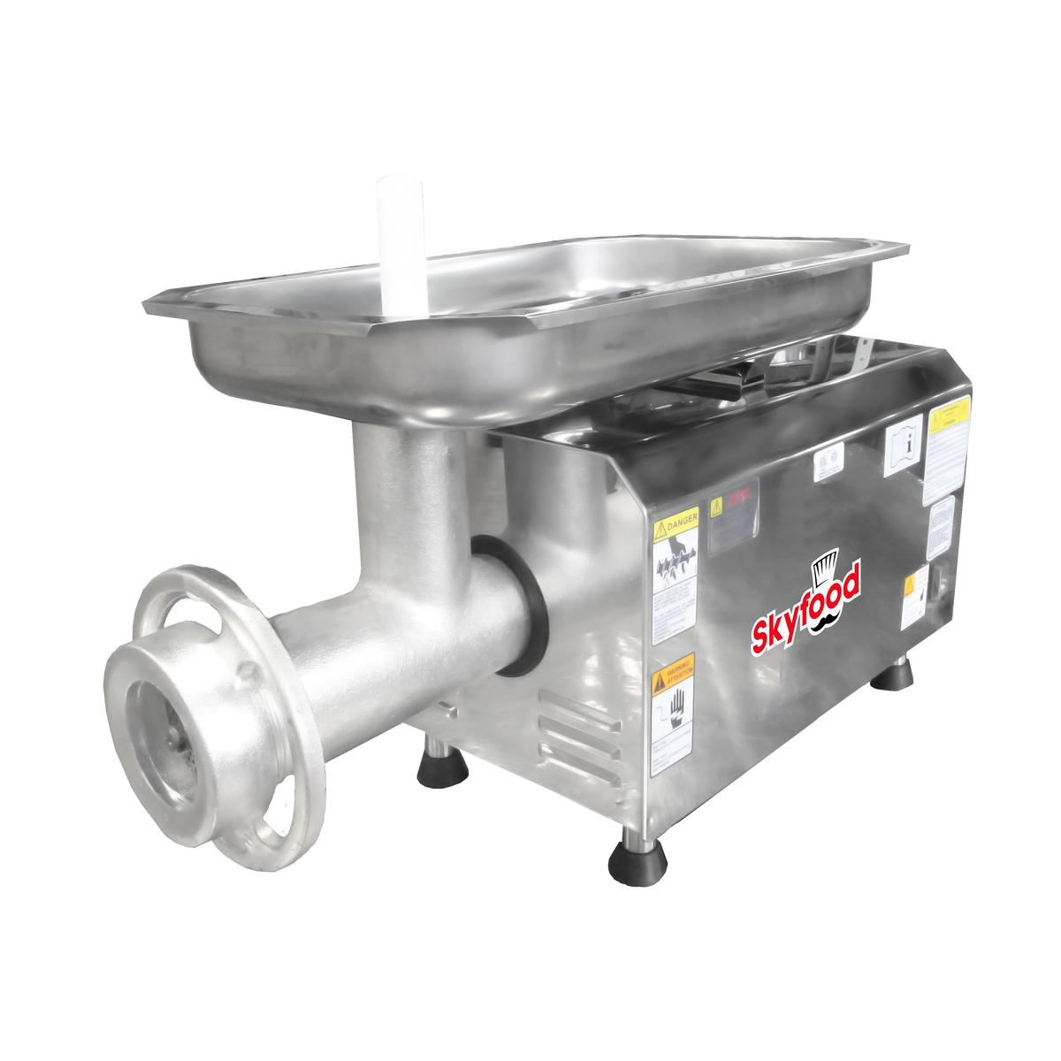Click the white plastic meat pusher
(x=400, y=239)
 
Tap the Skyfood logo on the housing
(x=805, y=610)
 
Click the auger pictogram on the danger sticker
(x=675, y=566)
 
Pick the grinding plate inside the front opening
(x=164, y=725)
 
